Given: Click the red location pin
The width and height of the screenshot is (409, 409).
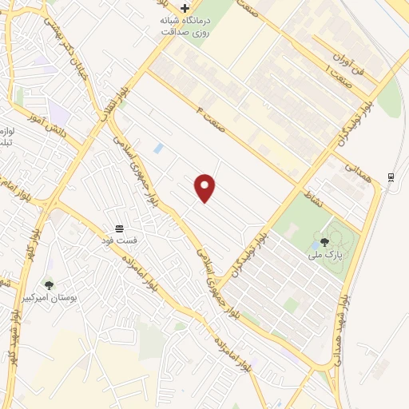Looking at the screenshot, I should click(205, 187).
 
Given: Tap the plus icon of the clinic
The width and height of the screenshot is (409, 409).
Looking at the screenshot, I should click(185, 7).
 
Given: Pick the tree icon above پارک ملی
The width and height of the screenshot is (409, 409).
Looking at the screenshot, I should click(324, 242).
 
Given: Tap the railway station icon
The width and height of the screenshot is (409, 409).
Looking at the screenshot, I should click(390, 177).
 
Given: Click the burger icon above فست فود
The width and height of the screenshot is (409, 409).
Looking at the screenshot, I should click(119, 228).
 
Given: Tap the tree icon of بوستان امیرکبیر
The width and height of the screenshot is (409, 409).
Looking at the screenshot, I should click(50, 284).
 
